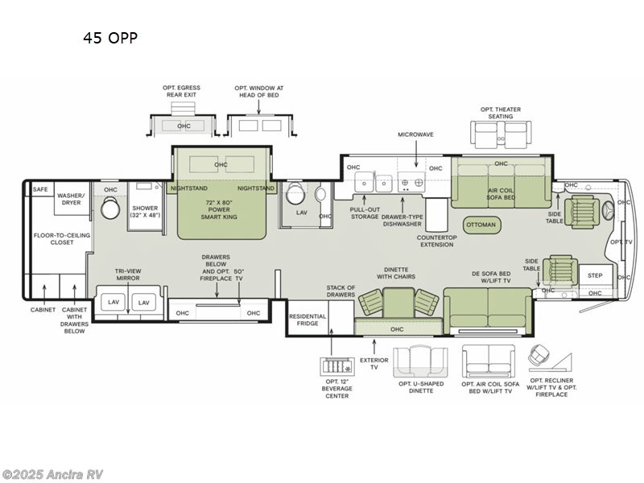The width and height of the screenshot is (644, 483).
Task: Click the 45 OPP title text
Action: pyautogui.click(x=110, y=38)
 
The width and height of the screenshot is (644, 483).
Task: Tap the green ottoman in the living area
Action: pyautogui.click(x=481, y=225)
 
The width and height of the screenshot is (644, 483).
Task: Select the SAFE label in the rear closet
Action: pyautogui.click(x=40, y=189)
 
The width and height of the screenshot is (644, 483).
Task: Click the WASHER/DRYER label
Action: pyautogui.click(x=72, y=199)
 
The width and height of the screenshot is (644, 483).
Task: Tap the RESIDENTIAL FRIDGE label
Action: pyautogui.click(x=308, y=320)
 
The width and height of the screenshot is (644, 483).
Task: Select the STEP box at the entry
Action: pyautogui.click(x=595, y=275)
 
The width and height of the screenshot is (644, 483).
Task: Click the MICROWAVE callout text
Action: pyautogui.click(x=415, y=134)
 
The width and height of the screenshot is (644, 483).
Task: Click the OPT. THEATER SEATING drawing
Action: pyautogui.click(x=501, y=134)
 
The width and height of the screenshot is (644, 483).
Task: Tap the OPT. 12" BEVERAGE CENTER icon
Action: pyautogui.click(x=337, y=365)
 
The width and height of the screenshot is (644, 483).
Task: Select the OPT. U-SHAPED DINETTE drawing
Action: pyautogui.click(x=420, y=361)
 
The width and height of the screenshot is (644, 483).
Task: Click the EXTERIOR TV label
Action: pyautogui.click(x=374, y=364)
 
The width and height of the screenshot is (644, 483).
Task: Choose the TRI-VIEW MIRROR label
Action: pyautogui.click(x=128, y=275)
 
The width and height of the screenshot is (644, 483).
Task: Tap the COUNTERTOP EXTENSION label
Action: pyautogui.click(x=436, y=241)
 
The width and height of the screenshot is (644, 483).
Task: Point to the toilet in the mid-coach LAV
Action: pyautogui.click(x=295, y=193)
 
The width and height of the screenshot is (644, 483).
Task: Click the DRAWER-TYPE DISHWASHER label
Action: pyautogui.click(x=402, y=221)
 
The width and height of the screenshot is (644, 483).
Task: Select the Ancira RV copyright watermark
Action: pyautogui.click(x=52, y=475)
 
